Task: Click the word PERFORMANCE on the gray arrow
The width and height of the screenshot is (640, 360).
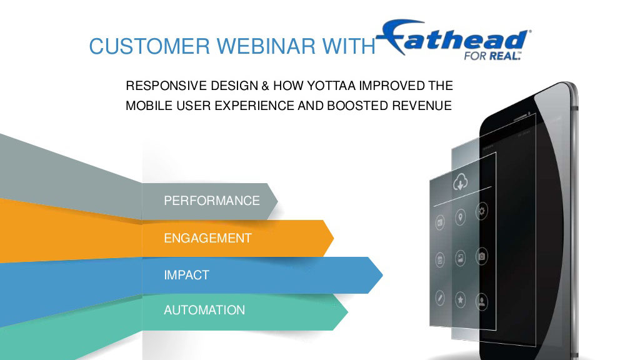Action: click(211, 201)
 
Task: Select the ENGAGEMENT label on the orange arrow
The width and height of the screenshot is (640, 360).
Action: click(207, 238)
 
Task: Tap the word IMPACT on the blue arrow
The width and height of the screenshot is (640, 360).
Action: click(186, 275)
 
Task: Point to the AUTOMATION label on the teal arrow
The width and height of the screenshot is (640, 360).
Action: click(204, 310)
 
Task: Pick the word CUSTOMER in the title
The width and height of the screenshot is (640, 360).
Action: click(149, 46)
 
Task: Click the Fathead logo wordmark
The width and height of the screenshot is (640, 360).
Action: click(454, 37)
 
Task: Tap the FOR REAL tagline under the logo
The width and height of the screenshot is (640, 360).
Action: click(492, 56)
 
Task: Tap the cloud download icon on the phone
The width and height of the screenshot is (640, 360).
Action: click(461, 182)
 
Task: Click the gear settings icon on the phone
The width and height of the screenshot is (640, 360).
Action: click(482, 211)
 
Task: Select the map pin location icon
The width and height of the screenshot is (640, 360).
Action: click(461, 217)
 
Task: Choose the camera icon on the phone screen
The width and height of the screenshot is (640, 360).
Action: click(482, 256)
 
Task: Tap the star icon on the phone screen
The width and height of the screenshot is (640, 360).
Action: click(461, 300)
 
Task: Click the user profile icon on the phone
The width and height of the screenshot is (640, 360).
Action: click(482, 302)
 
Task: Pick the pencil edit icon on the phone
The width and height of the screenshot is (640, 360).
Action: click(439, 298)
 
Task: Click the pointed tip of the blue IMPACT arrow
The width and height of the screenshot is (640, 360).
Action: click(383, 275)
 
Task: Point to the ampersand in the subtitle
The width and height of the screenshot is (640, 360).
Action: click(265, 86)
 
